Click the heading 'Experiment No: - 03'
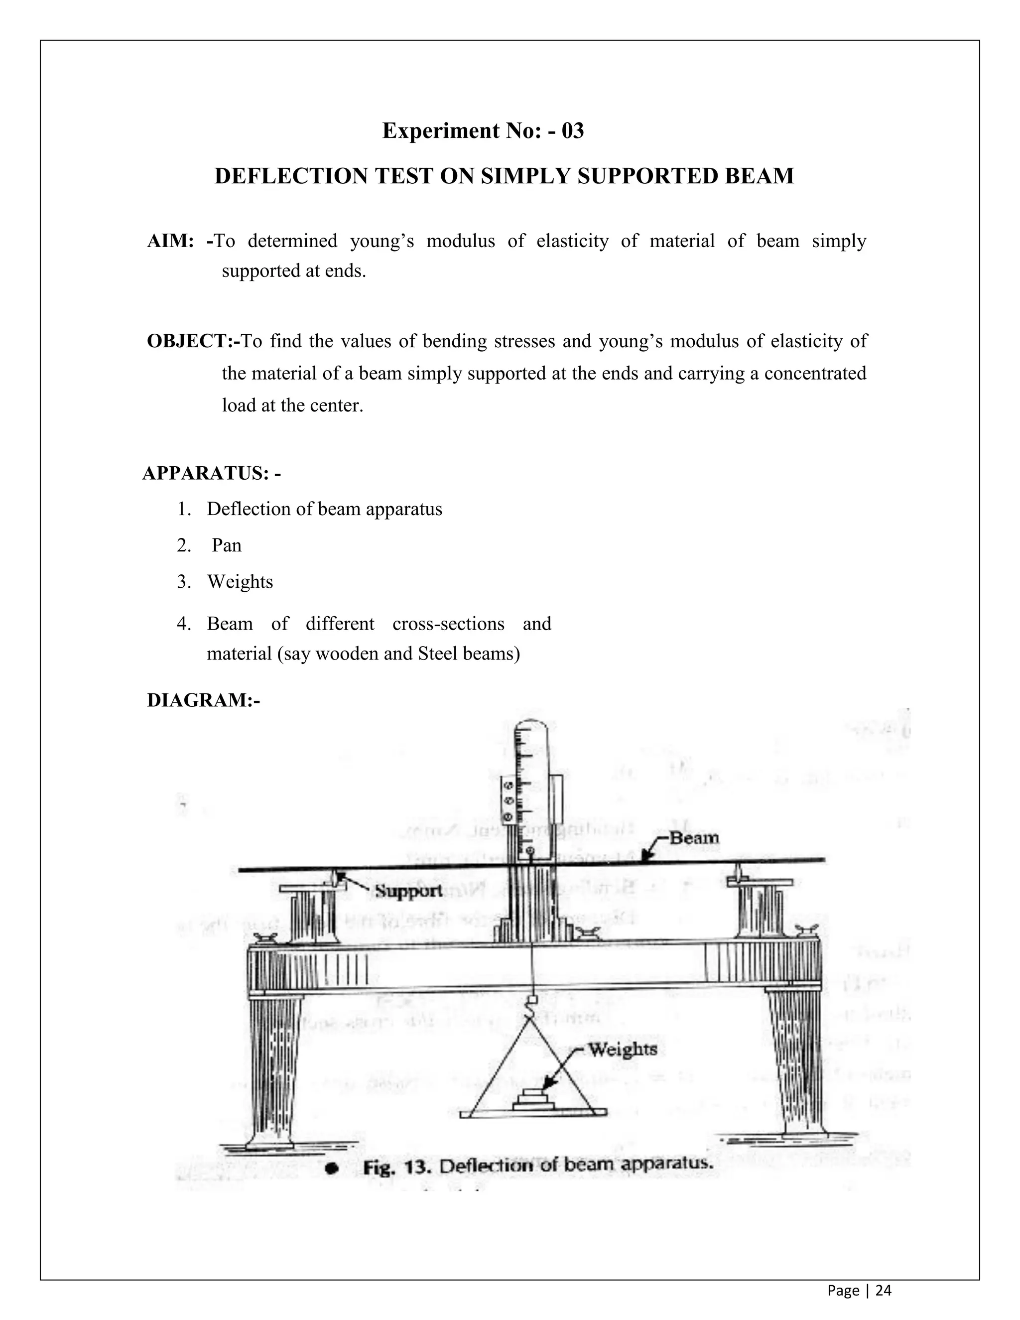click(483, 131)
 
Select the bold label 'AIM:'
click(170, 241)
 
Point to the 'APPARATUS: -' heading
click(212, 473)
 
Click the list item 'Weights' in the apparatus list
click(240, 581)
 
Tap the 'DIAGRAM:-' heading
click(203, 700)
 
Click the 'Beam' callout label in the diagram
click(694, 838)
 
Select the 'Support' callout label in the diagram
click(408, 891)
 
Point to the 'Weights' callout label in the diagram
click(623, 1049)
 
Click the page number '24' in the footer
click(884, 1291)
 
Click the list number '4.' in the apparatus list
click(184, 623)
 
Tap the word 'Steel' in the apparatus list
click(434, 654)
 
